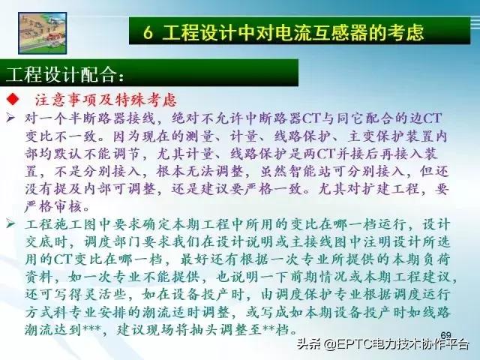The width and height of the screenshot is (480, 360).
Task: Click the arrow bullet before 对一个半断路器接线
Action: click(10, 118)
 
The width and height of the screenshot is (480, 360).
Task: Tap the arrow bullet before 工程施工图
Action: click(10, 225)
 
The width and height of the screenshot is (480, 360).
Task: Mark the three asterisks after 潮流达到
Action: click(113, 331)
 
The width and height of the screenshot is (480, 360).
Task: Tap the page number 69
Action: click(445, 334)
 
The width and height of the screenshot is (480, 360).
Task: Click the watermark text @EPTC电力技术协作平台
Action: click(397, 345)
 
